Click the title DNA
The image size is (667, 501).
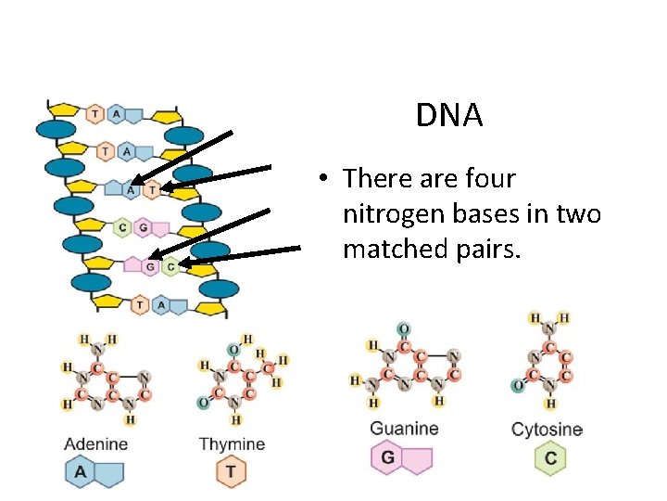[x=449, y=116]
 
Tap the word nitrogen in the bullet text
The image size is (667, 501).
[x=398, y=214]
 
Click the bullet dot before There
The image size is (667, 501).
[x=317, y=179]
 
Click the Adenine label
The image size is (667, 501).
[x=95, y=444]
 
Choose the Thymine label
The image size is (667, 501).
[x=232, y=444]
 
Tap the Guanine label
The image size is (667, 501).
[x=404, y=429]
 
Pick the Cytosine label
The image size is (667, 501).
[x=547, y=430]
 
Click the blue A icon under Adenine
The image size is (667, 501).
[x=81, y=472]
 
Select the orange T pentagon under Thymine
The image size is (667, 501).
[x=230, y=472]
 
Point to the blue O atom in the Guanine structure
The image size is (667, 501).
[x=403, y=329]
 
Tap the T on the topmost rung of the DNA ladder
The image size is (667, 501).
[x=94, y=114]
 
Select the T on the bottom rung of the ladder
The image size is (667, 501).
[x=139, y=303]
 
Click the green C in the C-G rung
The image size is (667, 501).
[x=121, y=227]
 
